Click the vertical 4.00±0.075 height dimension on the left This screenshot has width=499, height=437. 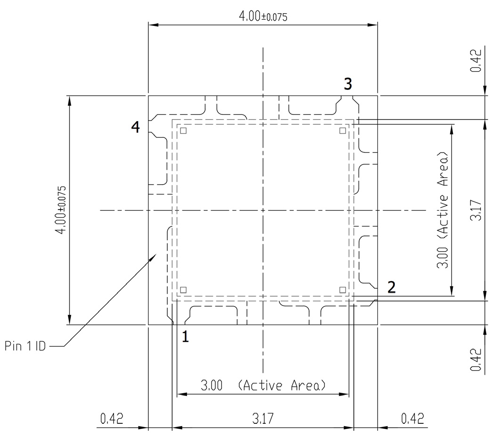coord(63,210)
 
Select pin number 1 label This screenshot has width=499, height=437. coord(186,337)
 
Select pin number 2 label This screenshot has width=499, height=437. coord(391,287)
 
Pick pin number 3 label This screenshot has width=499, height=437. coord(347,84)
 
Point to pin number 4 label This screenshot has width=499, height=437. coord(136,127)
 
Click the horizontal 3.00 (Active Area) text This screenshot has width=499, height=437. coord(263,386)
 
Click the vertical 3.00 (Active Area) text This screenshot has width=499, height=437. coord(442,210)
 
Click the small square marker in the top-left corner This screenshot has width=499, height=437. coord(184,131)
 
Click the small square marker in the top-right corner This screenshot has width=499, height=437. coord(343,131)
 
